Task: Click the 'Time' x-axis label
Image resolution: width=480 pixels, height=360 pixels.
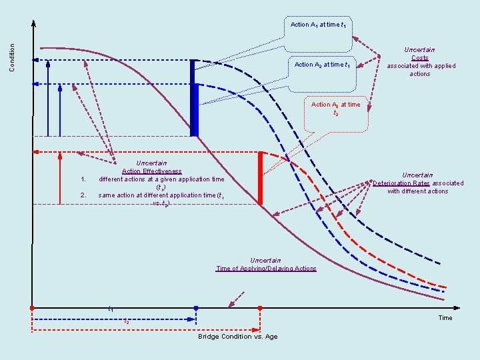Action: pyautogui.click(x=445, y=318)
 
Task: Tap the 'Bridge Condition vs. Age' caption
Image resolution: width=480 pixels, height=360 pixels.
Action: pyautogui.click(x=238, y=337)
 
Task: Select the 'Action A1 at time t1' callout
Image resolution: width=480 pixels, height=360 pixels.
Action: pyautogui.click(x=318, y=25)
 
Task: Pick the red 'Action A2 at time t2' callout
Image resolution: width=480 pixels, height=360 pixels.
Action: pyautogui.click(x=335, y=109)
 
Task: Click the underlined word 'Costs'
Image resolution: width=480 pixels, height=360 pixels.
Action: pyautogui.click(x=420, y=58)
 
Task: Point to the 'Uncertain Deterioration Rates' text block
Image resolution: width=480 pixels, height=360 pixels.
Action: pyautogui.click(x=418, y=183)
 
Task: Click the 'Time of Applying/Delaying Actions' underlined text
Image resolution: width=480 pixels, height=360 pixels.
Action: pyautogui.click(x=266, y=269)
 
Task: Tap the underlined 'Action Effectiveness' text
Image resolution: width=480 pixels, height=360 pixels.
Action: pyautogui.click(x=151, y=171)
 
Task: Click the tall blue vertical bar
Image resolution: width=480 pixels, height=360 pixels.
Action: pyautogui.click(x=194, y=97)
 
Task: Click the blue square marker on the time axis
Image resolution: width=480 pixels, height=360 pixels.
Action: pyautogui.click(x=196, y=308)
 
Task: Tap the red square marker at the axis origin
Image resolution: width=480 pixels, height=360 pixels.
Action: pyautogui.click(x=32, y=308)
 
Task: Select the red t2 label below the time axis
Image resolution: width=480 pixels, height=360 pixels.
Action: pyautogui.click(x=127, y=321)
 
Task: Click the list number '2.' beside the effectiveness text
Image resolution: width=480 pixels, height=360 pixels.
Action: pyautogui.click(x=83, y=195)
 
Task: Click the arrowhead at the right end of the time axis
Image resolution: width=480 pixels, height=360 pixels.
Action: pyautogui.click(x=457, y=308)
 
